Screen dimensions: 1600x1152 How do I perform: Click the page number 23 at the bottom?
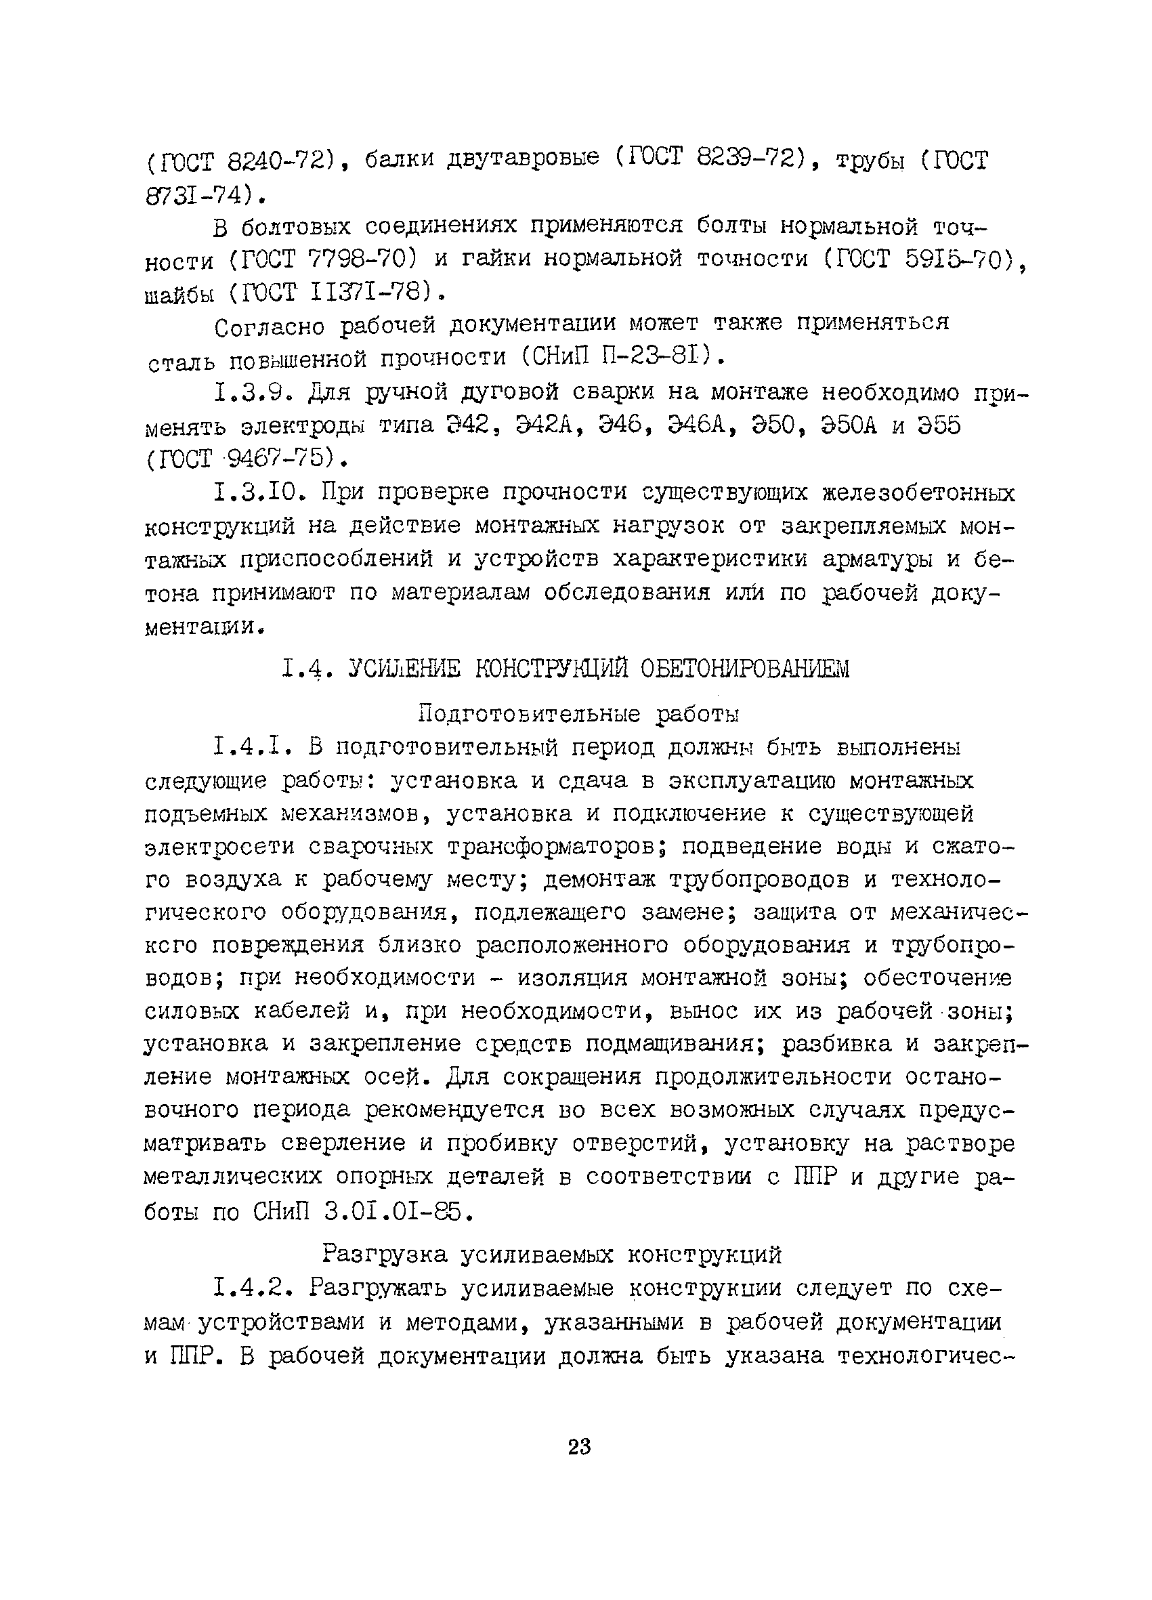578,1447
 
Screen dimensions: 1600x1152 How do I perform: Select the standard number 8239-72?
746,159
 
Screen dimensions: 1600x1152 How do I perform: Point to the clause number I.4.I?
253,746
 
